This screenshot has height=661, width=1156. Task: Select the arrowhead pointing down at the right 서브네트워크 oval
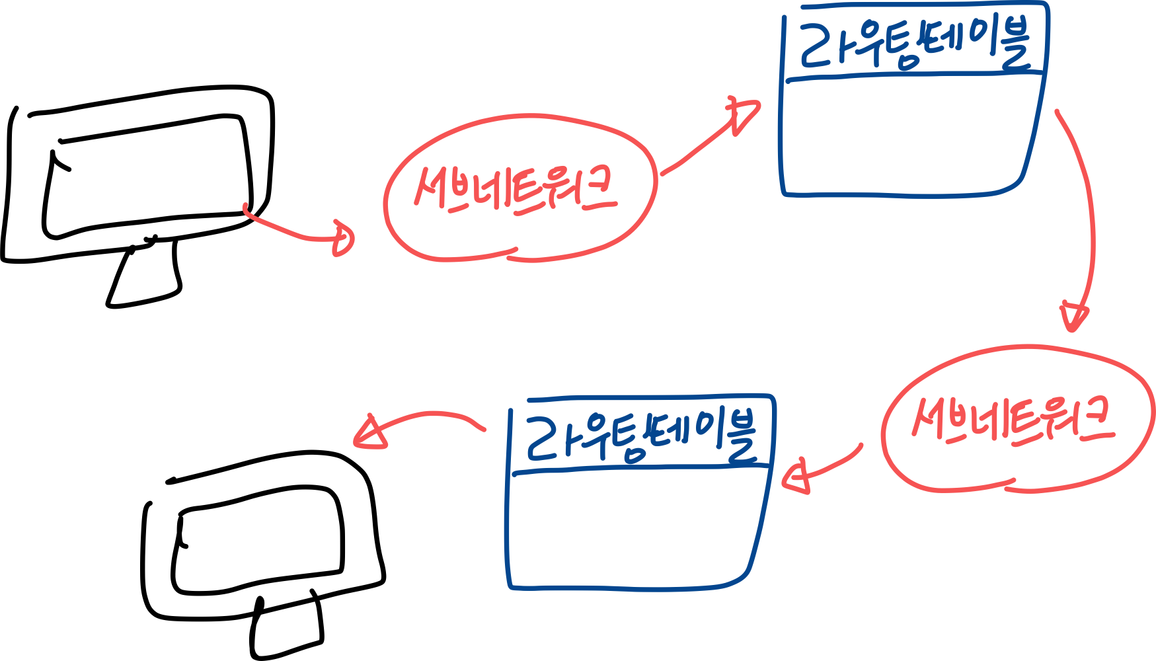(x=1073, y=316)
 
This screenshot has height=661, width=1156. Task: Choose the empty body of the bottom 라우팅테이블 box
(x=631, y=529)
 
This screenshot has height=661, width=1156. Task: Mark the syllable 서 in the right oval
(x=929, y=416)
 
